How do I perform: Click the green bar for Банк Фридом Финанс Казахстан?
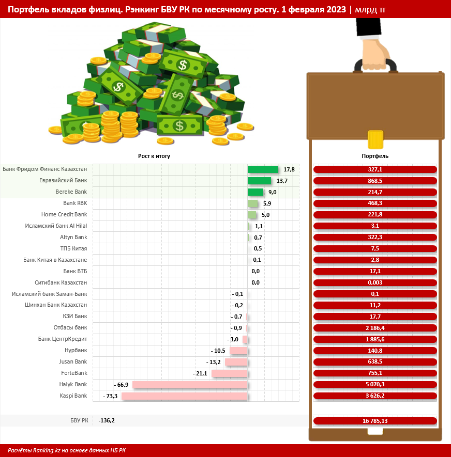pos(263,169)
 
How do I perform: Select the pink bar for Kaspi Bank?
pos(184,396)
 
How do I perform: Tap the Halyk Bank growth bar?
pos(190,385)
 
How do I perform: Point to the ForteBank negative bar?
pos(229,373)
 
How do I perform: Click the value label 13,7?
pos(282,181)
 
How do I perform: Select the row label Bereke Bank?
pos(71,192)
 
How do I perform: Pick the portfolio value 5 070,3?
pos(375,385)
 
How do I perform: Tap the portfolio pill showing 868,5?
pos(375,181)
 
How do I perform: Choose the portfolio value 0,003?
pos(375,283)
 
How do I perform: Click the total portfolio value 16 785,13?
pos(375,421)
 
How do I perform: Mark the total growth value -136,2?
pos(107,421)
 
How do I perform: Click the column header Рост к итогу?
pos(154,155)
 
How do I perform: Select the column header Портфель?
pos(375,155)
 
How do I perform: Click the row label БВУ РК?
pos(79,421)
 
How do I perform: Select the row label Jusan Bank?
pos(73,362)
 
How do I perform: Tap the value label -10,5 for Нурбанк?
pos(220,351)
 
